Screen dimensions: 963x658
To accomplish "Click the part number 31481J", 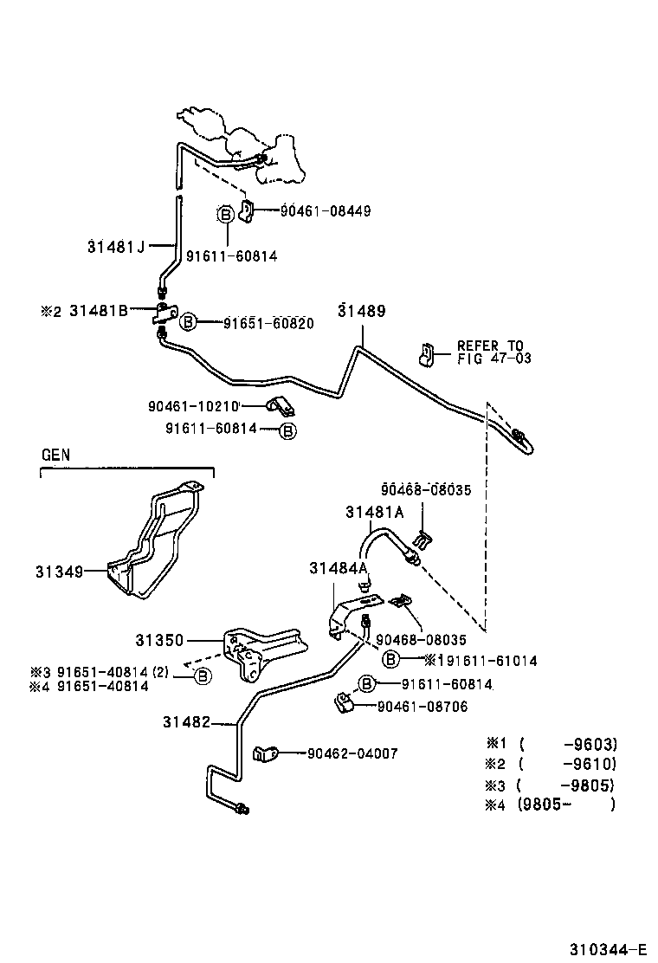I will tap(116, 246).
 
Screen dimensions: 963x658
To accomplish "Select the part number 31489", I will tap(362, 311).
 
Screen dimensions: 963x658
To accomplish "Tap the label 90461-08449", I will tap(325, 210).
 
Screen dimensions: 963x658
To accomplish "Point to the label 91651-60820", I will tap(268, 323).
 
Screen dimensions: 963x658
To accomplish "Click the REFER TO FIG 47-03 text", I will tap(493, 352).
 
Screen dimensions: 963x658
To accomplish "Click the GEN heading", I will tap(55, 454).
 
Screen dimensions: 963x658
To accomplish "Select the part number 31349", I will tap(59, 572).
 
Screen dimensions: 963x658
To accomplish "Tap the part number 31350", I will tap(159, 641).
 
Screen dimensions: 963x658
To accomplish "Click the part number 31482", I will tap(185, 721).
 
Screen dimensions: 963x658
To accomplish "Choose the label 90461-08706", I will tap(422, 707).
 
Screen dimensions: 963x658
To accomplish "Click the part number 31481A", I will tap(375, 512).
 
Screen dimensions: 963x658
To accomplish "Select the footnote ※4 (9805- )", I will tap(551, 805).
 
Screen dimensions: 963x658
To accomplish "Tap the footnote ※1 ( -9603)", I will tap(551, 743).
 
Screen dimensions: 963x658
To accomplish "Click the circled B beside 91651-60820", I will tap(188, 323).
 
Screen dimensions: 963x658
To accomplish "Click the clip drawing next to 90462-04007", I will tap(265, 754).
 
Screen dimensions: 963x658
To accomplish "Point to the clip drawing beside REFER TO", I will tap(426, 353).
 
